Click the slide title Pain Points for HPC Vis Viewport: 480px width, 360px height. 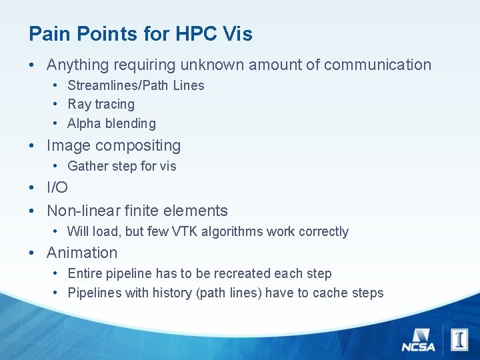tap(141, 34)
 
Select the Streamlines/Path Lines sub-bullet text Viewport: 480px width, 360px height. tap(136, 85)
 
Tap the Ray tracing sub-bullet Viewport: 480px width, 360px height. tap(101, 104)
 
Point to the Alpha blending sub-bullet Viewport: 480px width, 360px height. tap(111, 123)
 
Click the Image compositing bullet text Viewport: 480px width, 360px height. tap(113, 145)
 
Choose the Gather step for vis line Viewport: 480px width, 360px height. tap(122, 166)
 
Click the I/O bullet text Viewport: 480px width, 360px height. tap(57, 188)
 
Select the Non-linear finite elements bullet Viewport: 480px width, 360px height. tap(137, 211)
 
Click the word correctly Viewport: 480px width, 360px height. tap(323, 231)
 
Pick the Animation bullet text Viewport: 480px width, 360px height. tap(82, 253)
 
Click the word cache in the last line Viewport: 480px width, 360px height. tap(329, 293)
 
